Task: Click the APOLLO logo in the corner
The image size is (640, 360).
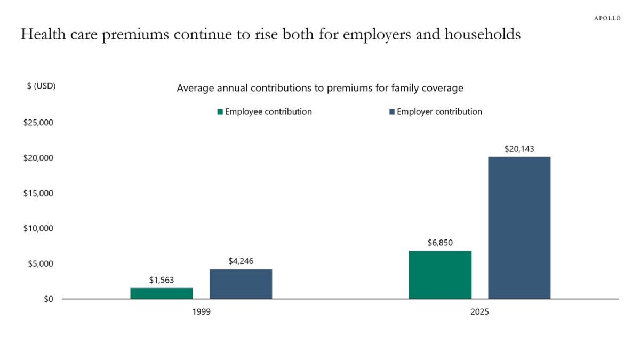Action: (607, 18)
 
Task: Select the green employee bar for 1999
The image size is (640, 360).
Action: (162, 293)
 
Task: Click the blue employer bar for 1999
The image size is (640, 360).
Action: (241, 284)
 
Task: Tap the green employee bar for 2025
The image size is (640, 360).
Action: (440, 275)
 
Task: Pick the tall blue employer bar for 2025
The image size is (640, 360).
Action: (519, 228)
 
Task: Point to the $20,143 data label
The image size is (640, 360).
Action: (519, 149)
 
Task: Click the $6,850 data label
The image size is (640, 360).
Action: (440, 243)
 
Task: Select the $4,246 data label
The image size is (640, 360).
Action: (241, 261)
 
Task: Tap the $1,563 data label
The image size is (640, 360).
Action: (162, 280)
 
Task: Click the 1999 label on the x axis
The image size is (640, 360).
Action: (201, 312)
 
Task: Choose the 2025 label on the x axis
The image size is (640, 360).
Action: (479, 312)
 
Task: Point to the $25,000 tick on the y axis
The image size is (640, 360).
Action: (38, 123)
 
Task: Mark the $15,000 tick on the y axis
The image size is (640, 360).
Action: (38, 193)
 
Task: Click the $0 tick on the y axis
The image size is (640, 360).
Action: (48, 299)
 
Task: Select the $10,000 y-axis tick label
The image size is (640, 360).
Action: (38, 228)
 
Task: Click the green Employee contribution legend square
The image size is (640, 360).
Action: (220, 112)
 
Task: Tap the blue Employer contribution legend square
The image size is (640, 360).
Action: (392, 112)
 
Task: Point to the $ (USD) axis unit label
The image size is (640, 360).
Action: (41, 86)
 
